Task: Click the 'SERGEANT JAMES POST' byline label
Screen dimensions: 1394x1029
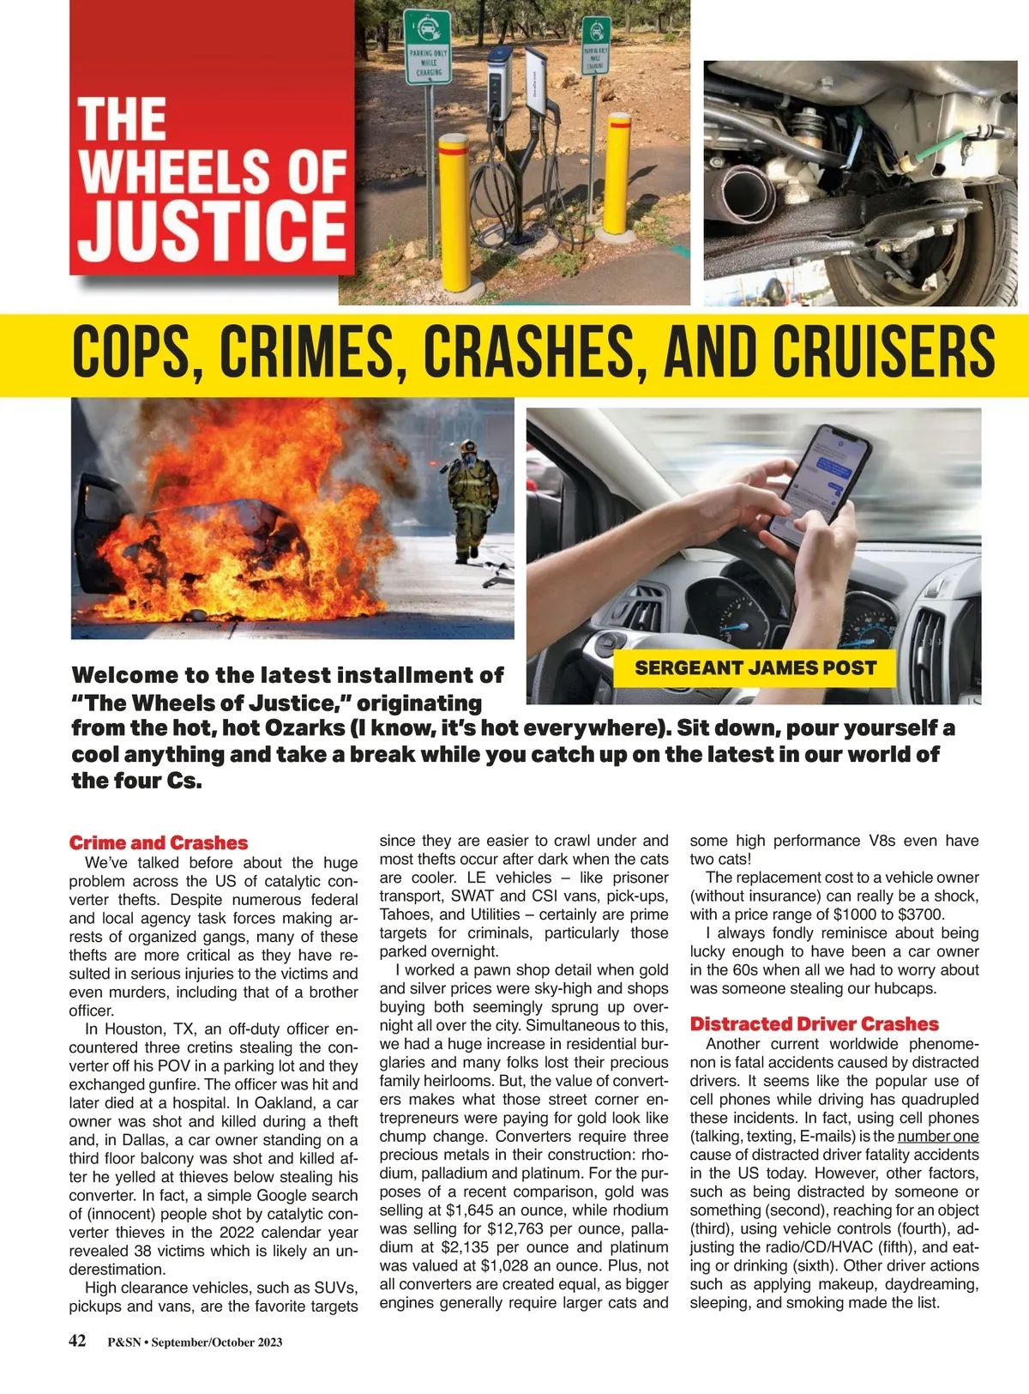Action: (755, 668)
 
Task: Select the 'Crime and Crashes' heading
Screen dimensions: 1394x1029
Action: (159, 842)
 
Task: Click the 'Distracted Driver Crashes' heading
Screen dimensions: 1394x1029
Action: (814, 1023)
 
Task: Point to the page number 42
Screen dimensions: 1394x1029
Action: (77, 1341)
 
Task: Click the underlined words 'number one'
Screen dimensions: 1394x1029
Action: (938, 1137)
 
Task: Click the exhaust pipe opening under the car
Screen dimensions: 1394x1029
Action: (746, 193)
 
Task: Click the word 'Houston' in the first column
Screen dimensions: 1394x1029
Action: (135, 1029)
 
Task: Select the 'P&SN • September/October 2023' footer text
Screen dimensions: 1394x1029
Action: (195, 1343)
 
